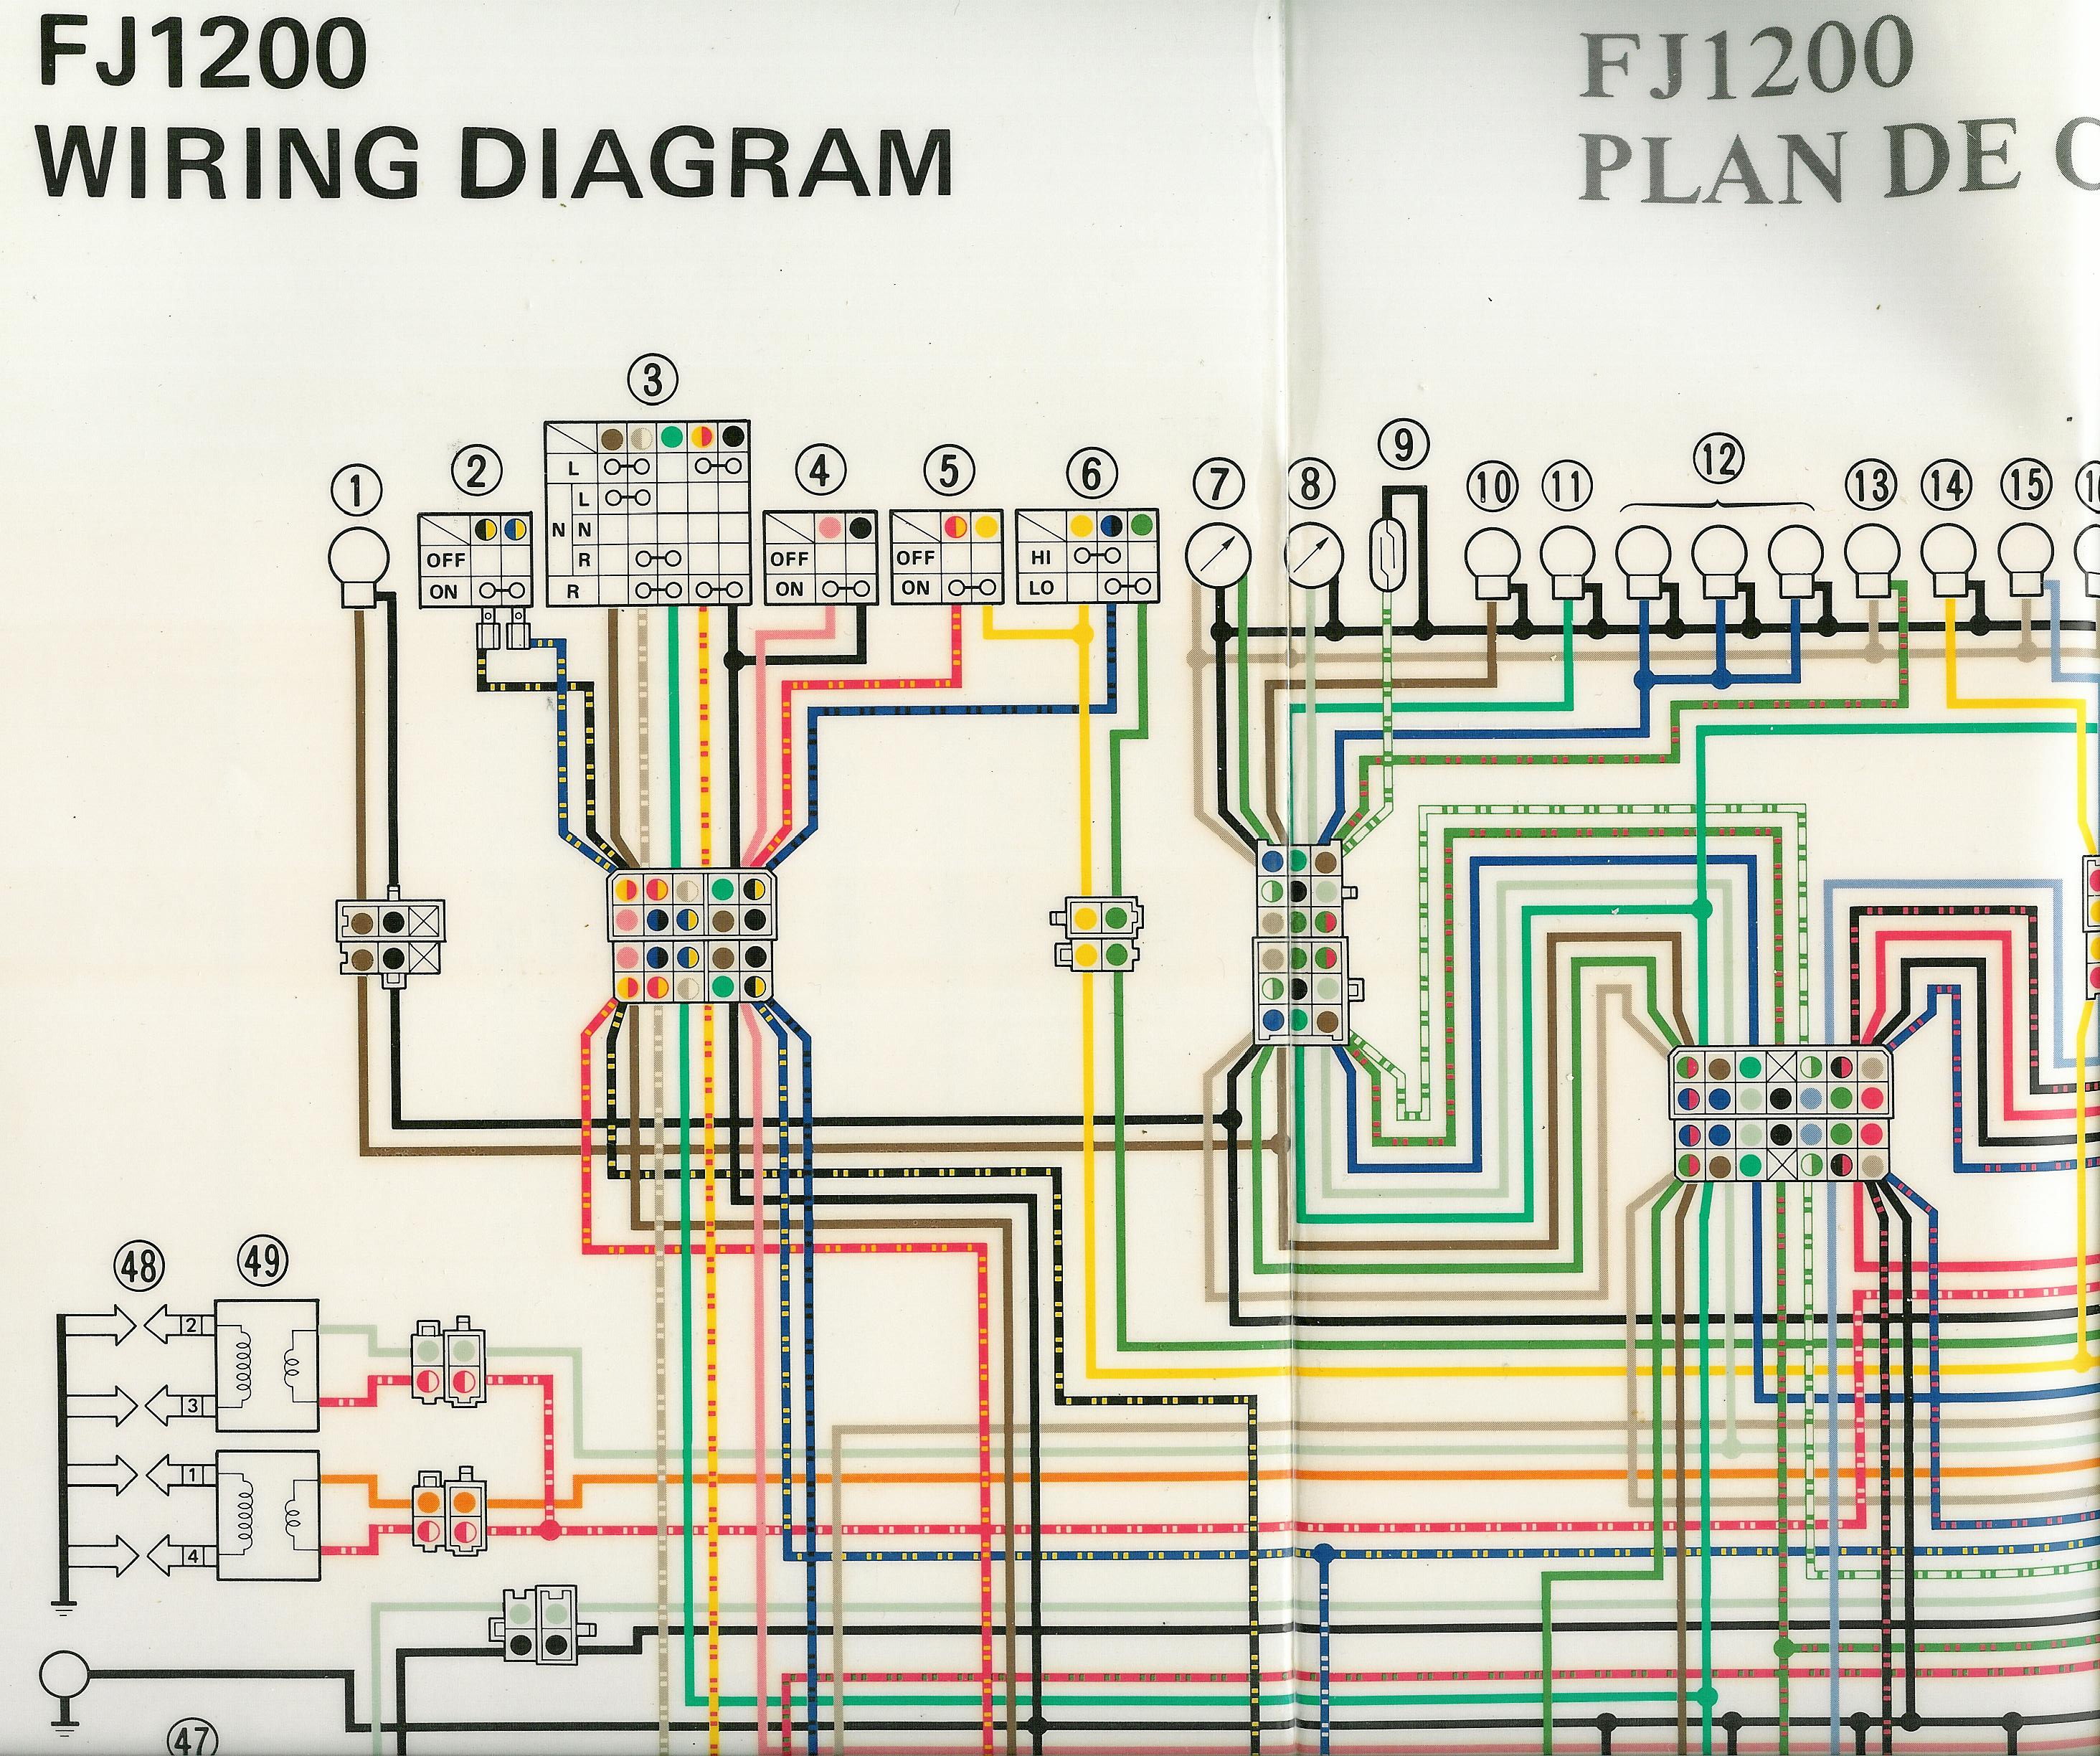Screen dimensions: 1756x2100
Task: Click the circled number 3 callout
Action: click(653, 381)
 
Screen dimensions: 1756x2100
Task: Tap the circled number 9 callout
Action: click(1405, 444)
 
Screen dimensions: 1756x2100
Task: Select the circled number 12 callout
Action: click(1718, 460)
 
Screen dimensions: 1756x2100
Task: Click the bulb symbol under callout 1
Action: click(358, 561)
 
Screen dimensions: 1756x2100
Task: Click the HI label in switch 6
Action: click(1041, 557)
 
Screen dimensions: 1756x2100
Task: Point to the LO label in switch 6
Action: click(1041, 588)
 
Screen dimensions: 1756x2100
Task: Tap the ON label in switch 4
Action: click(789, 589)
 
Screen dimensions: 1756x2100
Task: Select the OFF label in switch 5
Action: click(915, 558)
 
